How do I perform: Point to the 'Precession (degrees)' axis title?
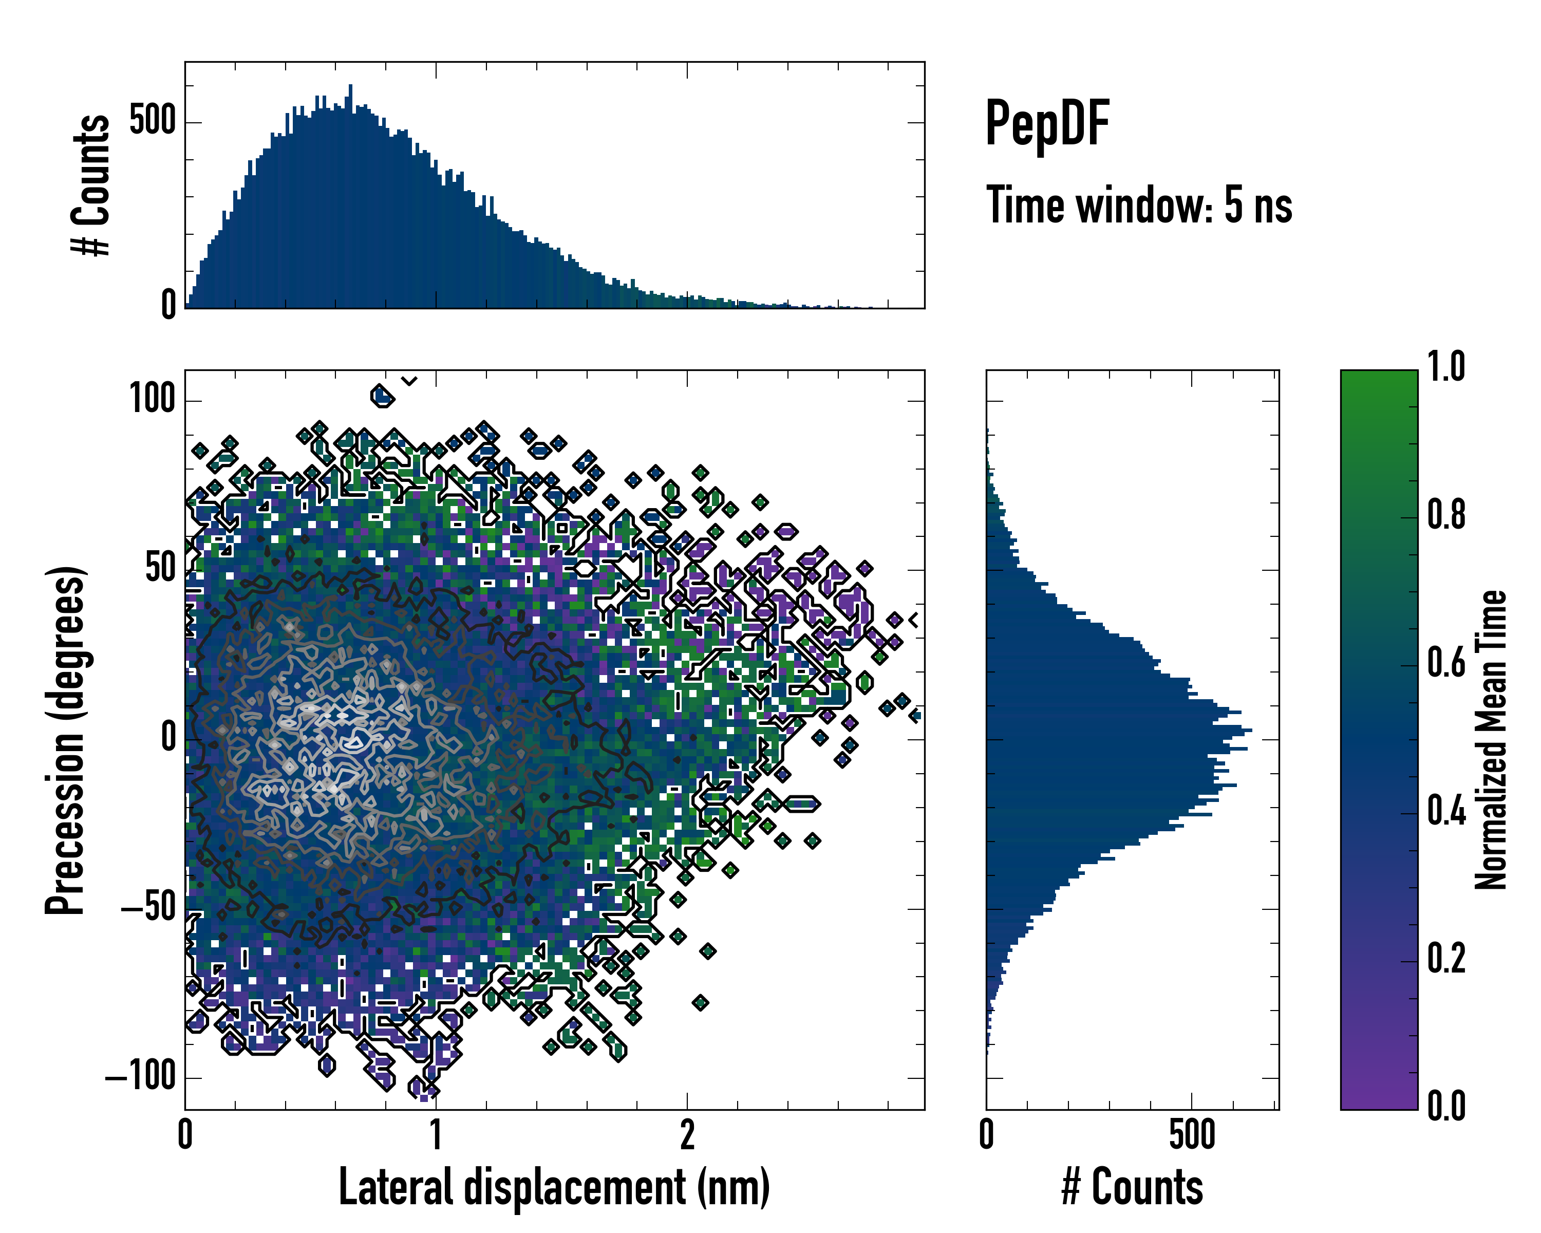66,740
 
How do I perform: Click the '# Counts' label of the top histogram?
91,185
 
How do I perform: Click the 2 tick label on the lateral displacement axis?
687,1135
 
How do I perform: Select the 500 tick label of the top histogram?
153,120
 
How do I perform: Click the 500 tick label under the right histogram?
1192,1135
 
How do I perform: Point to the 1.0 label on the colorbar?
1446,367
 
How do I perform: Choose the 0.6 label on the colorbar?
1446,663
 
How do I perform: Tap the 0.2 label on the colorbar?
1446,959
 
